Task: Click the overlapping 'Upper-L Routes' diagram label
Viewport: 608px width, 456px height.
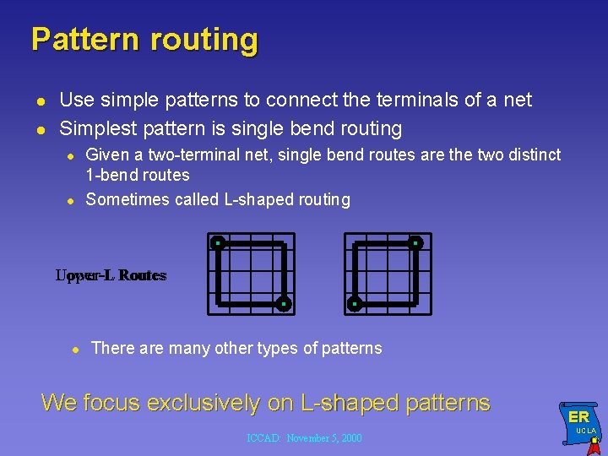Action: click(x=111, y=275)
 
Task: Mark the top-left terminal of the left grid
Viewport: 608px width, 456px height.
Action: click(x=217, y=243)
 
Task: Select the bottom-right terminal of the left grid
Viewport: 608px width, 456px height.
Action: click(x=284, y=303)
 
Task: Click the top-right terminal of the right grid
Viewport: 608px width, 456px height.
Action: click(x=415, y=243)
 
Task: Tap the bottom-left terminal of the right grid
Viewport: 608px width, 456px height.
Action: click(x=355, y=303)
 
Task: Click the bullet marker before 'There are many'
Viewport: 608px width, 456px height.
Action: click(x=74, y=349)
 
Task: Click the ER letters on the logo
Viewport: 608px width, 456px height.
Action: click(x=578, y=417)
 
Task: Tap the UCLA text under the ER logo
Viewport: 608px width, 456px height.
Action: click(x=586, y=431)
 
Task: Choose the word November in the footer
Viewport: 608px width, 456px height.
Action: click(x=307, y=438)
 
